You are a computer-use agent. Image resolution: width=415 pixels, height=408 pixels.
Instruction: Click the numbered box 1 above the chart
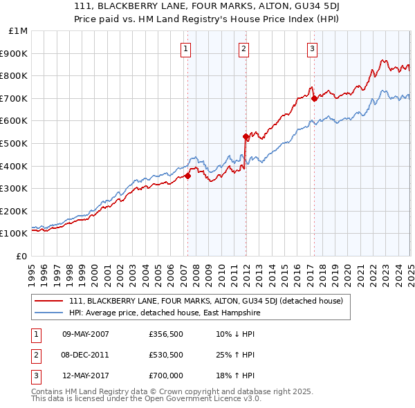click(x=187, y=48)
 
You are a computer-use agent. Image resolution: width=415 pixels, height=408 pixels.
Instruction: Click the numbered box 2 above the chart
click(x=245, y=48)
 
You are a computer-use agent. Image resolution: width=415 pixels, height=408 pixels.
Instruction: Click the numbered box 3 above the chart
click(x=313, y=48)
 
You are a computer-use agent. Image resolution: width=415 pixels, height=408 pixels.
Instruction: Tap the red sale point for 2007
click(x=187, y=176)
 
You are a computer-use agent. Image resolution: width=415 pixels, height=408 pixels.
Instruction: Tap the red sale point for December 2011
click(x=246, y=136)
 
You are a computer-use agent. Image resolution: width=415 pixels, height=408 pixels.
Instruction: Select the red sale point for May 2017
click(x=314, y=98)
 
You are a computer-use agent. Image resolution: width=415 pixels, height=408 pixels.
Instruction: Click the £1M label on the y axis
click(x=19, y=31)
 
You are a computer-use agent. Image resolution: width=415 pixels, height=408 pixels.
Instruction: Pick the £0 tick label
click(x=21, y=256)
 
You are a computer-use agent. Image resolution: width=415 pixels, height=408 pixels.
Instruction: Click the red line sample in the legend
click(x=50, y=301)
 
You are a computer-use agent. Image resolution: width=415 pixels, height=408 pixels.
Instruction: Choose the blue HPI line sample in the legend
click(x=50, y=313)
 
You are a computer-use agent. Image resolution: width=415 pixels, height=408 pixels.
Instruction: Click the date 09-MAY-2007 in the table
click(x=86, y=334)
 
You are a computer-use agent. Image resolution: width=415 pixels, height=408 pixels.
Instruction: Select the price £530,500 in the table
click(x=165, y=355)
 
